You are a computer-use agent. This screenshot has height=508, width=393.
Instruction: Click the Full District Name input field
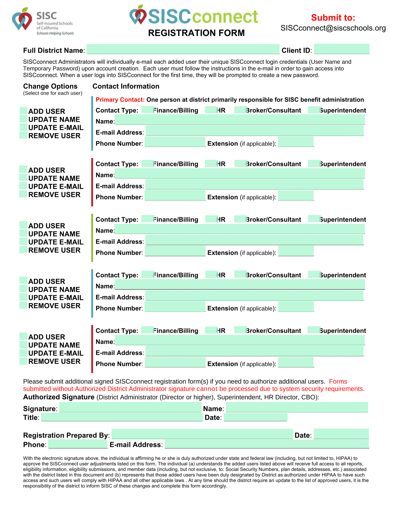tap(183, 50)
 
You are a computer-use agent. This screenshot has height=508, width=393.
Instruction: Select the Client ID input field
tap(342, 49)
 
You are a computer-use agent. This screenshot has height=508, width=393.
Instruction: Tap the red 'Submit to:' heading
tap(333, 18)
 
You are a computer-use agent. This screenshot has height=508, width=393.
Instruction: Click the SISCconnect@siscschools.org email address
tap(333, 28)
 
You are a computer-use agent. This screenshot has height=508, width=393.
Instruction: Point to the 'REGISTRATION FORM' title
tap(196, 33)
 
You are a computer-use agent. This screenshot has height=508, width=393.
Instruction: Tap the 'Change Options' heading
tap(50, 86)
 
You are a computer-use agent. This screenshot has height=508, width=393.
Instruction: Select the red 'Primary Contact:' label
tap(120, 100)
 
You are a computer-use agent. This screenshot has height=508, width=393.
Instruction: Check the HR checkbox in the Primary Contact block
tap(211, 110)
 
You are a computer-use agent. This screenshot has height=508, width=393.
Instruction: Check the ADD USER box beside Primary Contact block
tap(23, 111)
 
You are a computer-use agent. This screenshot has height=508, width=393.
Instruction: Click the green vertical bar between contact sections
tap(92, 238)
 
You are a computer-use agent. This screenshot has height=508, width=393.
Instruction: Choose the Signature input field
tap(130, 408)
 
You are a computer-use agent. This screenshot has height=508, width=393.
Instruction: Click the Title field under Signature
tap(122, 417)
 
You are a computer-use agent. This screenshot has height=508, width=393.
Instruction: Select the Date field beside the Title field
tap(256, 417)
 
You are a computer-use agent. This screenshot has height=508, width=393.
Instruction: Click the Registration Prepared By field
tap(202, 434)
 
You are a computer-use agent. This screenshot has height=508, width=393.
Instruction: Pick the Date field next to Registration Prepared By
tap(341, 434)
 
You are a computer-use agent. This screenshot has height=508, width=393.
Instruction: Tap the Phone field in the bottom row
tap(78, 444)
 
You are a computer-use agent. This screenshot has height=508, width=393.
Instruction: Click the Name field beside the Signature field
tap(297, 408)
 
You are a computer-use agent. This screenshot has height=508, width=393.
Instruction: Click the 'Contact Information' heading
tap(126, 86)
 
